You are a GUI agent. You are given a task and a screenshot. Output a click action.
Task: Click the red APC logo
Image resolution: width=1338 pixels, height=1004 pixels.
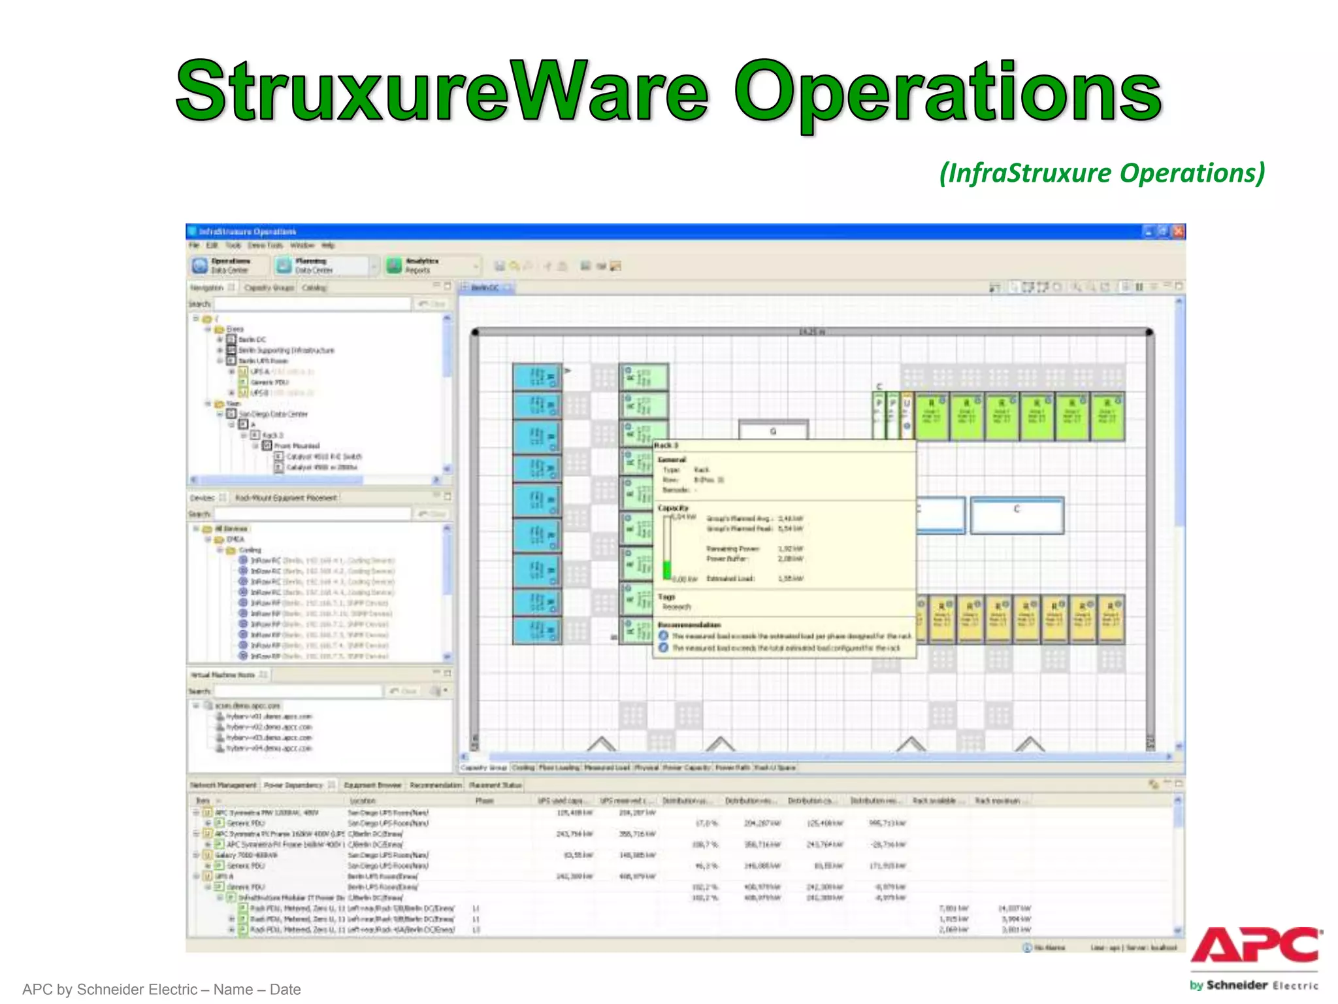1255,945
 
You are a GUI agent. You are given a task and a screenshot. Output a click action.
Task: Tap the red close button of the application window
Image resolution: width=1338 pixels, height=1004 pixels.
1178,231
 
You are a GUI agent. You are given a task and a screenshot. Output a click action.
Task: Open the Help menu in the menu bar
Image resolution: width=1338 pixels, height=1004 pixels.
328,246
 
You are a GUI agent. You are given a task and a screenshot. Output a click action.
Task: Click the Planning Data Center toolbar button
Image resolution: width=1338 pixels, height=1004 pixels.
314,265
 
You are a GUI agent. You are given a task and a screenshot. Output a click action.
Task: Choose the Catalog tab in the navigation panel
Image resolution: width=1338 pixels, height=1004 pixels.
314,288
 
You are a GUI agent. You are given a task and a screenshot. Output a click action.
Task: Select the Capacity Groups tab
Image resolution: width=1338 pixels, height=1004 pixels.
269,288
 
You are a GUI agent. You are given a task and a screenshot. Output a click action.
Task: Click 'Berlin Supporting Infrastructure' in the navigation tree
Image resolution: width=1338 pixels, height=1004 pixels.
286,350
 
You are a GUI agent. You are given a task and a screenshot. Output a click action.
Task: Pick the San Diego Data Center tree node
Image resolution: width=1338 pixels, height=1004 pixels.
272,414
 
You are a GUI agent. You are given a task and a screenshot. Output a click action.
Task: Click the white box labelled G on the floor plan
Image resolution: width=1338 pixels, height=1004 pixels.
773,431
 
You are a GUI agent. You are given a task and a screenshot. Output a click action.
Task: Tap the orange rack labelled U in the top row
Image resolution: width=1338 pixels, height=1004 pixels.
907,415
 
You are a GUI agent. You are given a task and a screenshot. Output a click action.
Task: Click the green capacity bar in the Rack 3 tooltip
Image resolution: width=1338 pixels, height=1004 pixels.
667,569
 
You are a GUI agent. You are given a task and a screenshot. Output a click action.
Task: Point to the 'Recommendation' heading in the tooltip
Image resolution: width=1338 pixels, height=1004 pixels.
689,625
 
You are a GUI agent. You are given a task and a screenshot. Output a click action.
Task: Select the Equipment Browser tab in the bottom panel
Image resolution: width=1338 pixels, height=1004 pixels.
372,785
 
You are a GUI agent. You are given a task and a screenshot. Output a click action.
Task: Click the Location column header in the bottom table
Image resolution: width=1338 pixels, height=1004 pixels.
363,801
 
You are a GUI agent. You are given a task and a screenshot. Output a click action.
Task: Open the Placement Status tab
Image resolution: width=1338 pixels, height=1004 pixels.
495,785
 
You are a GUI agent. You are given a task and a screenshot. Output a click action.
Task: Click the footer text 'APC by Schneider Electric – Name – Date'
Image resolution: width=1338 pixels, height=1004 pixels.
161,990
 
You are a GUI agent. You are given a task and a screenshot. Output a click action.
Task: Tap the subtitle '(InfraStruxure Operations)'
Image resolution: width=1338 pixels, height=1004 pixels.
1101,173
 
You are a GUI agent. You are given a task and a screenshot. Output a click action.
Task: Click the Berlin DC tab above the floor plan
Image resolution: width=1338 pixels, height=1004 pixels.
484,288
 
